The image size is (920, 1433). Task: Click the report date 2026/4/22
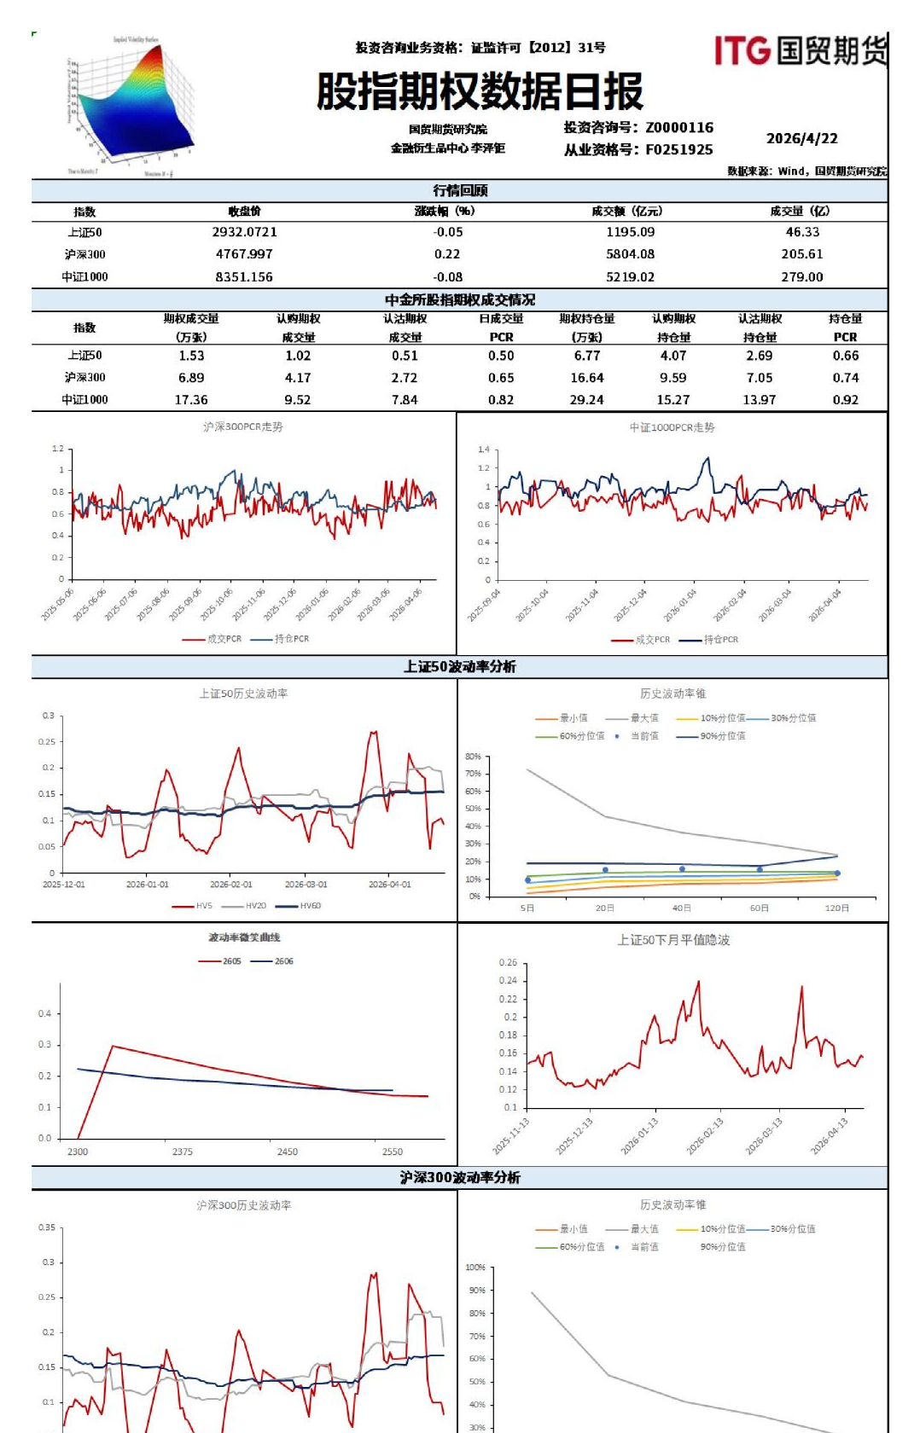pos(801,138)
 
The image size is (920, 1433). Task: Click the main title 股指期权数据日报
pos(480,91)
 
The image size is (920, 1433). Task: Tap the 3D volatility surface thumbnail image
pos(130,107)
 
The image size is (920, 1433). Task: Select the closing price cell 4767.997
pos(244,254)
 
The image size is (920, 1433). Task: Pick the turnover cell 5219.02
pos(630,277)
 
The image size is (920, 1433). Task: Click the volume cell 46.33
pos(802,232)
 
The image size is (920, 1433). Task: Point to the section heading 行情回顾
pos(460,190)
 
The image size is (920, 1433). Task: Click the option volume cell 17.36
pos(191,400)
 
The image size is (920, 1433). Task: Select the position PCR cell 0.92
pos(845,400)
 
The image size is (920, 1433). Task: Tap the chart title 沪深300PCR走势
pos(242,426)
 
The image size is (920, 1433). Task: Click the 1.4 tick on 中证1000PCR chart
pos(484,450)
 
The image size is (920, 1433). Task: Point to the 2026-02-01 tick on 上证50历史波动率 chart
pos(230,885)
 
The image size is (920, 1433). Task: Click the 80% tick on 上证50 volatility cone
pos(473,757)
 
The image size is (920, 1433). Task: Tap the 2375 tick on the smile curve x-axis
pos(182,1152)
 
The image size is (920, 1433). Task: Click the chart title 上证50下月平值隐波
pos(673,940)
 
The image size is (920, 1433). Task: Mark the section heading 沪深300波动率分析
pos(460,1177)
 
